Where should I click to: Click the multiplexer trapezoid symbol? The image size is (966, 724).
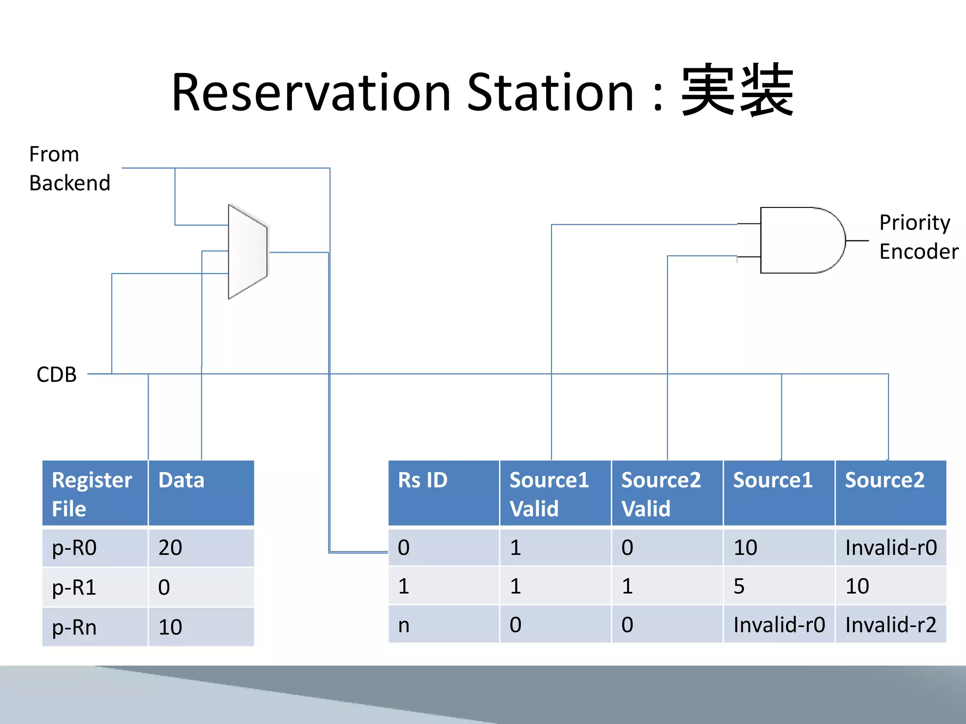[248, 252]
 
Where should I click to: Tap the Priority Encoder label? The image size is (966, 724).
[918, 237]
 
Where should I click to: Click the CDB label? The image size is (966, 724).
[56, 375]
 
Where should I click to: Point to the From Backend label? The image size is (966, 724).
[69, 169]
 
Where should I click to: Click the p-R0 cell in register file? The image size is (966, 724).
[75, 548]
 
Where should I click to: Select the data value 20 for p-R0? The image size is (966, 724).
[170, 548]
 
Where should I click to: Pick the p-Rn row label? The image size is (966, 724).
[75, 627]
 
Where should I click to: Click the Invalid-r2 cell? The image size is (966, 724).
[891, 625]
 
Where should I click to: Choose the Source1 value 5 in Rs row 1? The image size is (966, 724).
[739, 586]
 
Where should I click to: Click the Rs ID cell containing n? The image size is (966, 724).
[404, 625]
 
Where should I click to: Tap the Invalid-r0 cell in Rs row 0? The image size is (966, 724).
[891, 548]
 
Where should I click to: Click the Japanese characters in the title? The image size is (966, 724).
[737, 91]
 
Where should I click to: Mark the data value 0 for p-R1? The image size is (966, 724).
[164, 587]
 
